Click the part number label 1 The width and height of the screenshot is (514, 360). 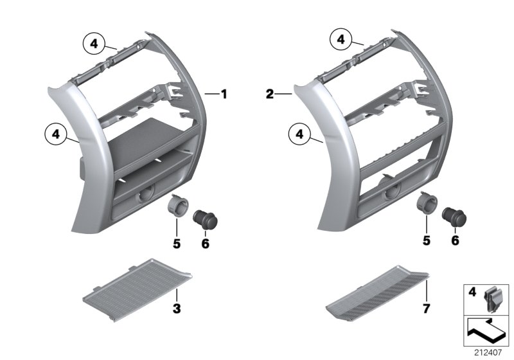(x=224, y=94)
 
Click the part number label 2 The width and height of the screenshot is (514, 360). (x=270, y=94)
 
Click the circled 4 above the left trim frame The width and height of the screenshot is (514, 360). (x=94, y=44)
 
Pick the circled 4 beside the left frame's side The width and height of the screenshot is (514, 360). (x=56, y=134)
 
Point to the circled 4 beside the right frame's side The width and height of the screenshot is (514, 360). (x=299, y=134)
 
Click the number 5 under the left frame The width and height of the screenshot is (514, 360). (x=176, y=244)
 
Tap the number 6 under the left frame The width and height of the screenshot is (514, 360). (x=206, y=244)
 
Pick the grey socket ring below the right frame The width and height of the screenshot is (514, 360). (x=425, y=203)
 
